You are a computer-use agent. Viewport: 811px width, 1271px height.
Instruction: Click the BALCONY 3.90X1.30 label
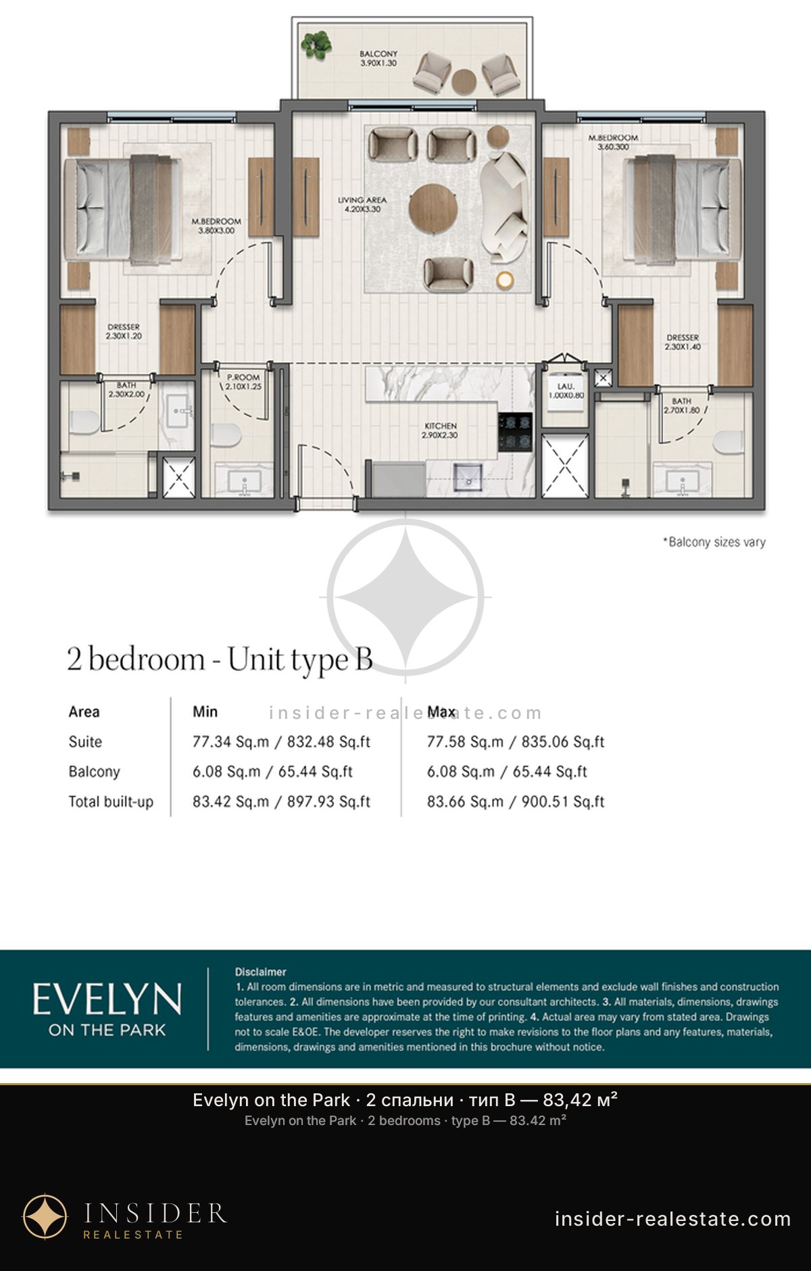(x=378, y=58)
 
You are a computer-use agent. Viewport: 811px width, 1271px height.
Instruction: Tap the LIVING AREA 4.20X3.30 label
(x=362, y=205)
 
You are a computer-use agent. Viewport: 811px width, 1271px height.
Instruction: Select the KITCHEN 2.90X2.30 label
(x=441, y=430)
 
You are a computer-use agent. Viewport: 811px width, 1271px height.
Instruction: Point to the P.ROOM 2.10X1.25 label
(x=243, y=382)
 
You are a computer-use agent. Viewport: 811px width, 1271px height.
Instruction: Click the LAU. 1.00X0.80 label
(x=566, y=391)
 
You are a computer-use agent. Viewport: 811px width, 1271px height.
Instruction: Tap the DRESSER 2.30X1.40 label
(x=683, y=342)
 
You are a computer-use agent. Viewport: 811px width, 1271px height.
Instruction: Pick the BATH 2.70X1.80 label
(x=682, y=405)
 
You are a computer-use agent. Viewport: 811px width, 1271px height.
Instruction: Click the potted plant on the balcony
(x=316, y=45)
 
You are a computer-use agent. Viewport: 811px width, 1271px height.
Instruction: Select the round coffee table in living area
(x=433, y=208)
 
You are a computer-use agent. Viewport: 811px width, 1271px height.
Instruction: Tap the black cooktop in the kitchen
(x=515, y=432)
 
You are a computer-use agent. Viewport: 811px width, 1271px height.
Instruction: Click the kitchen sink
(x=468, y=476)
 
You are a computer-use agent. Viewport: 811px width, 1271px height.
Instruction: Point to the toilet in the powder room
(x=226, y=434)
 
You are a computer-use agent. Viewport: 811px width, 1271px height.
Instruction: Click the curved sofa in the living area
(x=503, y=207)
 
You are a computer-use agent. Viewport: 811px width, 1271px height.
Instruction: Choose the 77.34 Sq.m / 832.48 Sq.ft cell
(x=281, y=742)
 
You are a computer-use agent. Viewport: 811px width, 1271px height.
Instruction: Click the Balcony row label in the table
(x=94, y=772)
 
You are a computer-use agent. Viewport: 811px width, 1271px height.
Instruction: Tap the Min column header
(x=205, y=712)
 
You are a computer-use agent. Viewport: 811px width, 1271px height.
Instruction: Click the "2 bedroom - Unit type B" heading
(x=220, y=659)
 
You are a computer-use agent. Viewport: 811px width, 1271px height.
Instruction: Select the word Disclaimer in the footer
(x=261, y=972)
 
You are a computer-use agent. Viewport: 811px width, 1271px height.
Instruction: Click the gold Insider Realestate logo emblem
(x=45, y=1217)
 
